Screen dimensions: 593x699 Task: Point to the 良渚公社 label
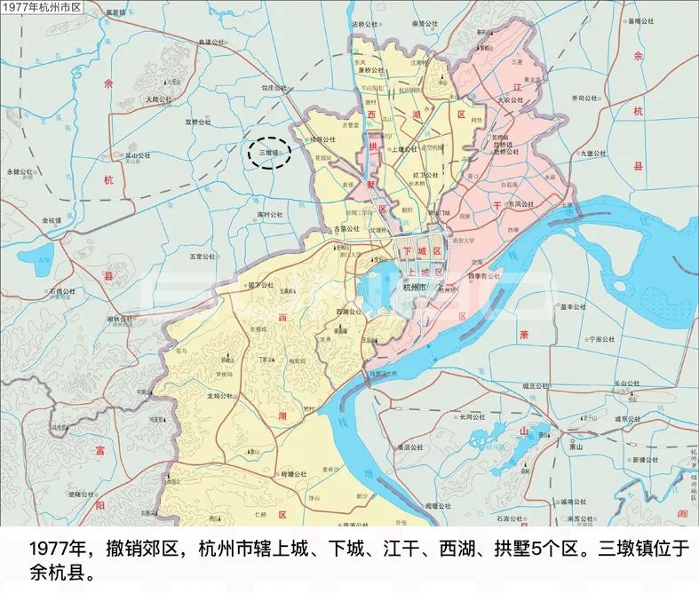click(x=214, y=42)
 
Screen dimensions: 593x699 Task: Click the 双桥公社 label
click(x=199, y=122)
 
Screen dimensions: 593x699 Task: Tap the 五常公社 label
click(x=203, y=257)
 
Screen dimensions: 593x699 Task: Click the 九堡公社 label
click(x=592, y=153)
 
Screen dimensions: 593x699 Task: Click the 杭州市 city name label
click(x=415, y=288)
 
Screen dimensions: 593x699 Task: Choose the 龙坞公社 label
click(x=220, y=396)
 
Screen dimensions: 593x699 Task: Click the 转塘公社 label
click(x=293, y=474)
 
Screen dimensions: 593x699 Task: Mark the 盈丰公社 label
click(x=573, y=307)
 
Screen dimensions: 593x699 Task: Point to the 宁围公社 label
click(x=600, y=339)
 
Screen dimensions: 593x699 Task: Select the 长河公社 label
click(x=472, y=416)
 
